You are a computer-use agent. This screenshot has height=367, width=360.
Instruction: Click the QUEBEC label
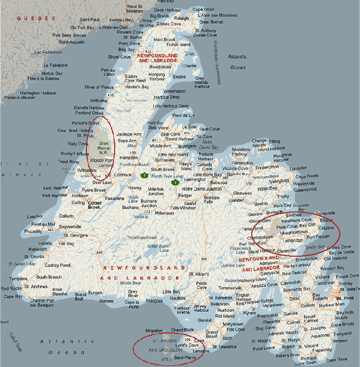(36, 19)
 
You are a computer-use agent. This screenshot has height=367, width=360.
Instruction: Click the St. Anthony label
(205, 30)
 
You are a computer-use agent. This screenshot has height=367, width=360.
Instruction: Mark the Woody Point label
(100, 160)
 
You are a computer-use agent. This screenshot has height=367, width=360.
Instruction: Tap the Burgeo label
(95, 293)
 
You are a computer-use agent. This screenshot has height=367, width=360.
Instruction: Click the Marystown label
(233, 323)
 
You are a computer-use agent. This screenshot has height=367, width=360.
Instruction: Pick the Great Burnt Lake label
(158, 248)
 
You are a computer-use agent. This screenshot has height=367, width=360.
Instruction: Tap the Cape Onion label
(203, 9)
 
